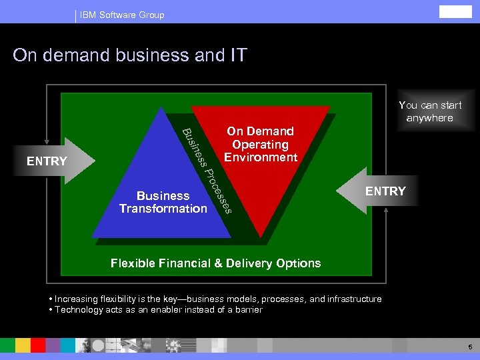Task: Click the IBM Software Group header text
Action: [x=121, y=15]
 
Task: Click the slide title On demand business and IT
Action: [x=130, y=55]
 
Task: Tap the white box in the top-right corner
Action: [x=455, y=12]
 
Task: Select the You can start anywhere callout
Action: [x=430, y=111]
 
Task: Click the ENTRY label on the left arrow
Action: [x=47, y=161]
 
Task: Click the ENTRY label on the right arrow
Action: [x=385, y=191]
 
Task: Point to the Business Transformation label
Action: [x=163, y=202]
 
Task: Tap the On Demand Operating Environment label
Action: [x=260, y=144]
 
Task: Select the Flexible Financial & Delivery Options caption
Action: [x=215, y=263]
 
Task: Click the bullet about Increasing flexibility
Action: [x=215, y=299]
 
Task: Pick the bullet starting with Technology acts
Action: [x=156, y=309]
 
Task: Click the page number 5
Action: [x=470, y=347]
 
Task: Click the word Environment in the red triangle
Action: [x=261, y=157]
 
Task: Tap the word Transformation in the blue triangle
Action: [x=163, y=209]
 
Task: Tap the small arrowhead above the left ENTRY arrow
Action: [x=47, y=141]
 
